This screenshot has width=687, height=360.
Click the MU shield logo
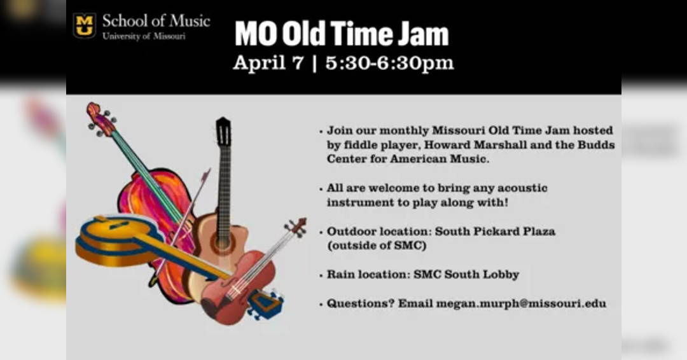[x=84, y=25]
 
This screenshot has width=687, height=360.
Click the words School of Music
[x=156, y=21]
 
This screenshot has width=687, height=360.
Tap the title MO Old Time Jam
[x=342, y=34]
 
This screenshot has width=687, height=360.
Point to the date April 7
[x=268, y=62]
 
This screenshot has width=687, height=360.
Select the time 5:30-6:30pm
[x=389, y=62]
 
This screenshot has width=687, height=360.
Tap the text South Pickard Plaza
[x=495, y=232]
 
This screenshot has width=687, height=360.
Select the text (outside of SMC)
[x=377, y=246]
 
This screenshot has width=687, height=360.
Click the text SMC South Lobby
[x=466, y=275]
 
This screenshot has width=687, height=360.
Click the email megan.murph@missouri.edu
[x=521, y=303]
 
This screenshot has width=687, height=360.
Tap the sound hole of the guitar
[x=223, y=241]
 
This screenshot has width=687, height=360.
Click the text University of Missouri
[x=144, y=36]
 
